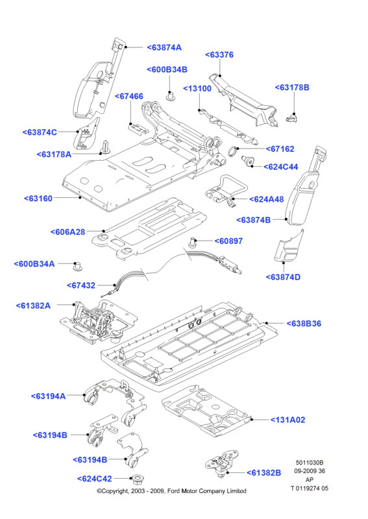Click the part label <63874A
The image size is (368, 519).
[164, 47]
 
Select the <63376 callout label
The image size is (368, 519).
[219, 55]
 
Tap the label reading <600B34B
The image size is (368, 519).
[167, 70]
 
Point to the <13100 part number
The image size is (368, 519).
[197, 89]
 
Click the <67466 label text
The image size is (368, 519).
[129, 96]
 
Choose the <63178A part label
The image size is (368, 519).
[54, 154]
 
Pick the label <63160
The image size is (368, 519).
[38, 199]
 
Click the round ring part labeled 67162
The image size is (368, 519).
[232, 151]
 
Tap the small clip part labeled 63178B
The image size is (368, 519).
[291, 117]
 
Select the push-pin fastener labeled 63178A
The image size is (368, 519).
[105, 147]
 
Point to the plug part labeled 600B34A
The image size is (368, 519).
[78, 267]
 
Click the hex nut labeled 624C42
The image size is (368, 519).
[136, 479]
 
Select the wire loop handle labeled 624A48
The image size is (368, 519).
[227, 191]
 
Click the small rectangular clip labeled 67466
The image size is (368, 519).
[138, 128]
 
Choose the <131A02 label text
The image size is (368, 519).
[288, 420]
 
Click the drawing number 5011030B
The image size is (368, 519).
[310, 463]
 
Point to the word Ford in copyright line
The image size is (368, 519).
[173, 491]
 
